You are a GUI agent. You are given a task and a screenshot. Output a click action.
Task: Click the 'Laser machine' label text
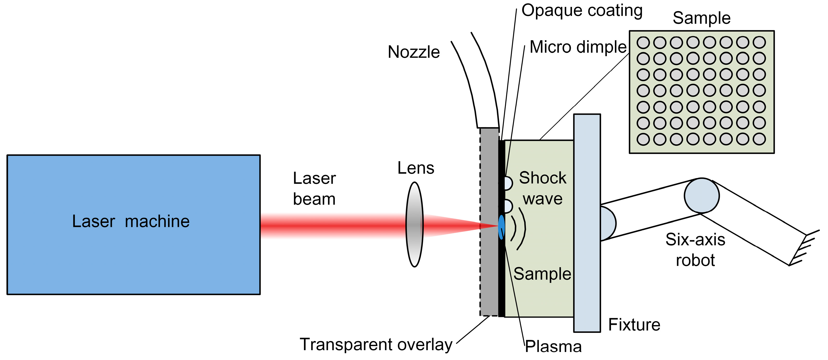coord(131,222)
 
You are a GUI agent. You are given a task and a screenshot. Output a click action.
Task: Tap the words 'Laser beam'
coord(314,189)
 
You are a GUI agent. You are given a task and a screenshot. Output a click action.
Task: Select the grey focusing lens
coord(415,224)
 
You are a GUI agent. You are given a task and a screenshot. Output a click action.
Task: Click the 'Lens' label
coord(416,168)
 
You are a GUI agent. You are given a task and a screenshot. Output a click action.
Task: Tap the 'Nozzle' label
coord(414,52)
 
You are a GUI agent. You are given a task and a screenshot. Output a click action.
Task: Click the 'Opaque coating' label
coord(582,11)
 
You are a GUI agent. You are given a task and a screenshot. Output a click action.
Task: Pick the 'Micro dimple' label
coord(578,47)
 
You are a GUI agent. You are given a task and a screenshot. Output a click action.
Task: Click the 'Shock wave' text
coord(543,188)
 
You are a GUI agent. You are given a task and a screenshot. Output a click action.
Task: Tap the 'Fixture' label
coord(634,325)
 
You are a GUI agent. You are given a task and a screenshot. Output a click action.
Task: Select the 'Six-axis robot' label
coord(695,250)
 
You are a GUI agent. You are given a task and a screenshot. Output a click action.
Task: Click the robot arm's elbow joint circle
coord(702,195)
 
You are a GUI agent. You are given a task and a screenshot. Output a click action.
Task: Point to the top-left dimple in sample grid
coord(643,42)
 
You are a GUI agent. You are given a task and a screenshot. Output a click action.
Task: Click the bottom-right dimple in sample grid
coord(759,139)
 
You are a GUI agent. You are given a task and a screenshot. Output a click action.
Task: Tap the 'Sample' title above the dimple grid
coord(701,18)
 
